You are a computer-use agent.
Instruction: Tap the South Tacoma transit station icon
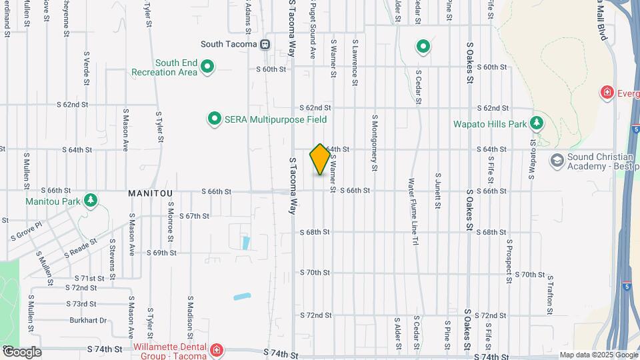tap(265, 45)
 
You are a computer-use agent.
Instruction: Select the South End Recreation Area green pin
tap(207, 66)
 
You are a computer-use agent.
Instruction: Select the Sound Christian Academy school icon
tap(557, 161)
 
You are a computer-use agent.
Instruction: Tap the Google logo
tap(22, 352)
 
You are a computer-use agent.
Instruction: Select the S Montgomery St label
tap(375, 141)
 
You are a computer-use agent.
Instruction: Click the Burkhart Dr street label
tap(88, 321)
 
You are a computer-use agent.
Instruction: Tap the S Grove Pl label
tap(26, 231)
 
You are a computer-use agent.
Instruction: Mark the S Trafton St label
tap(551, 294)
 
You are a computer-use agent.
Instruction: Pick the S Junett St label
tap(438, 191)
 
